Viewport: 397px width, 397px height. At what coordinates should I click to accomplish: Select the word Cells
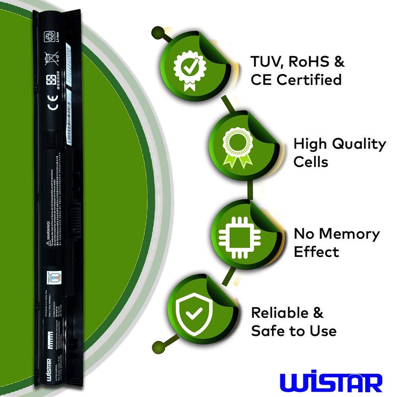click(x=311, y=162)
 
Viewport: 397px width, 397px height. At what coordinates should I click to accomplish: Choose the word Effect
click(x=316, y=252)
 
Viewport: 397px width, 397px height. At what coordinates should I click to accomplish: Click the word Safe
click(x=268, y=331)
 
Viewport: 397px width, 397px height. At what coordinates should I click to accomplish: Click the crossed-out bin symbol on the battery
click(x=51, y=58)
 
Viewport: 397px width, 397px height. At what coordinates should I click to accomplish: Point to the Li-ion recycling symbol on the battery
click(x=51, y=36)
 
